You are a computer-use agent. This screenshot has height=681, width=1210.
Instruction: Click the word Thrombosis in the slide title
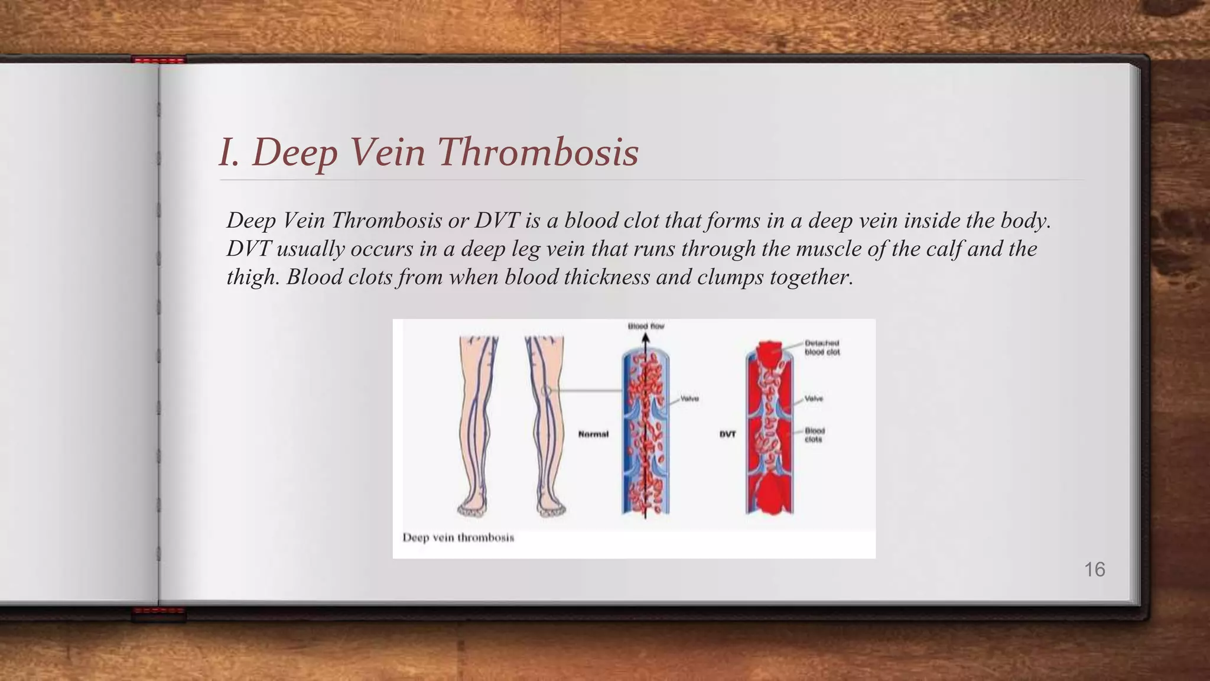[x=538, y=152]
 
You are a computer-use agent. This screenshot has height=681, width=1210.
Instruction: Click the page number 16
[x=1094, y=570]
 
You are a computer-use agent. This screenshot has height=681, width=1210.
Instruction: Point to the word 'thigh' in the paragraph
[x=251, y=277]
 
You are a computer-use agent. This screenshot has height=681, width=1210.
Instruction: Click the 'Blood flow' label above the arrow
[x=646, y=326]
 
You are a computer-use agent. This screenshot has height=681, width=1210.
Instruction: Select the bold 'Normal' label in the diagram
[x=593, y=434]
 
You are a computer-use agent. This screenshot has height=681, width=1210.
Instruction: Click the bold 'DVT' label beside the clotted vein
[x=727, y=434]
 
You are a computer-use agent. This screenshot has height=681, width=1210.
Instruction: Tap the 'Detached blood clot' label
[x=822, y=348]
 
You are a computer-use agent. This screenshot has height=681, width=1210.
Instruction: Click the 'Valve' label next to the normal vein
[x=689, y=399]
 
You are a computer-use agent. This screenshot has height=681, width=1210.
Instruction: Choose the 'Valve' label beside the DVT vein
[x=814, y=399]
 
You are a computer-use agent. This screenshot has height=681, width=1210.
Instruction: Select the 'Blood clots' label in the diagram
[x=814, y=435]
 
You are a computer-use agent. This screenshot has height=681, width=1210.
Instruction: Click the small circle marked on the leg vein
[x=546, y=391]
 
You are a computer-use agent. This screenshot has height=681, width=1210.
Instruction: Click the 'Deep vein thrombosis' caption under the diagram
[x=458, y=537]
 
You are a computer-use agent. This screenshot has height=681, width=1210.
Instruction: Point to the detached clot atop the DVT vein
[x=769, y=352]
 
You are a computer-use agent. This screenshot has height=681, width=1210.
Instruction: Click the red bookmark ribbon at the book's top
[x=158, y=60]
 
